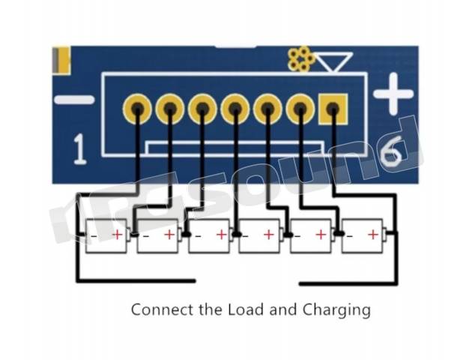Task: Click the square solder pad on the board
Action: [x=333, y=109]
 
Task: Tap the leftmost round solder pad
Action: [x=137, y=109]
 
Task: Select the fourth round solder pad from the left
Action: [x=235, y=109]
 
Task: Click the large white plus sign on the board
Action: [x=393, y=94]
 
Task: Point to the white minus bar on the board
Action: [x=74, y=100]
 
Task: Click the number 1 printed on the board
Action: [x=79, y=149]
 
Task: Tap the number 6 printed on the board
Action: [x=391, y=151]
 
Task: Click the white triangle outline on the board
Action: [x=334, y=61]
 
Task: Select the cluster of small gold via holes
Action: [x=300, y=58]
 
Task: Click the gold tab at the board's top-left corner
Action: [x=61, y=60]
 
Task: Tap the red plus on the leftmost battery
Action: [x=118, y=235]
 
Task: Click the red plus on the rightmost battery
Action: [x=373, y=235]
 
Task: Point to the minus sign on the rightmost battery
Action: [x=349, y=236]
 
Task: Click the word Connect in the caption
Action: [x=162, y=310]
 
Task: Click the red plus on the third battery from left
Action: [x=222, y=235]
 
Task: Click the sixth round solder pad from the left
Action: [x=300, y=109]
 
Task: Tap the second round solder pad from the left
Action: [x=170, y=109]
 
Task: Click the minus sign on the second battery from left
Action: [x=146, y=236]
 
